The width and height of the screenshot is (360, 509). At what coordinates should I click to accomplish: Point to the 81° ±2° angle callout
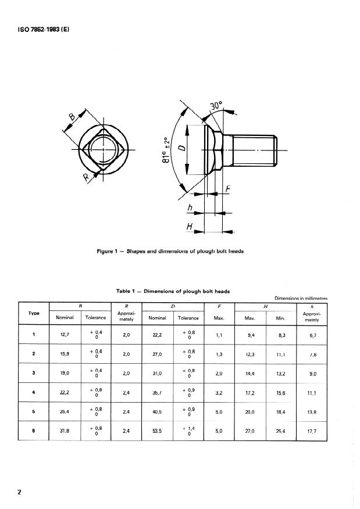[x=167, y=149]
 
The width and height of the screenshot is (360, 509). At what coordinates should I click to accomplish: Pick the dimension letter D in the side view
[x=181, y=149]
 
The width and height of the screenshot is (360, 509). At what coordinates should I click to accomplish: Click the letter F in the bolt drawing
[x=227, y=190]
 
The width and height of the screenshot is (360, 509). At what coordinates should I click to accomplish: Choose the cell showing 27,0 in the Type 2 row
[x=157, y=354]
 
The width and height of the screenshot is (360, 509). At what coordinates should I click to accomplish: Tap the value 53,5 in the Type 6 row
[x=157, y=432]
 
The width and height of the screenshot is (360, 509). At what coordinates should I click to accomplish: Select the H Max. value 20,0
[x=250, y=412]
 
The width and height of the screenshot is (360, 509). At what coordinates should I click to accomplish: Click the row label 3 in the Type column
[x=34, y=374]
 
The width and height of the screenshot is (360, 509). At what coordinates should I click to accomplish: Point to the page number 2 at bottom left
[x=20, y=493]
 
